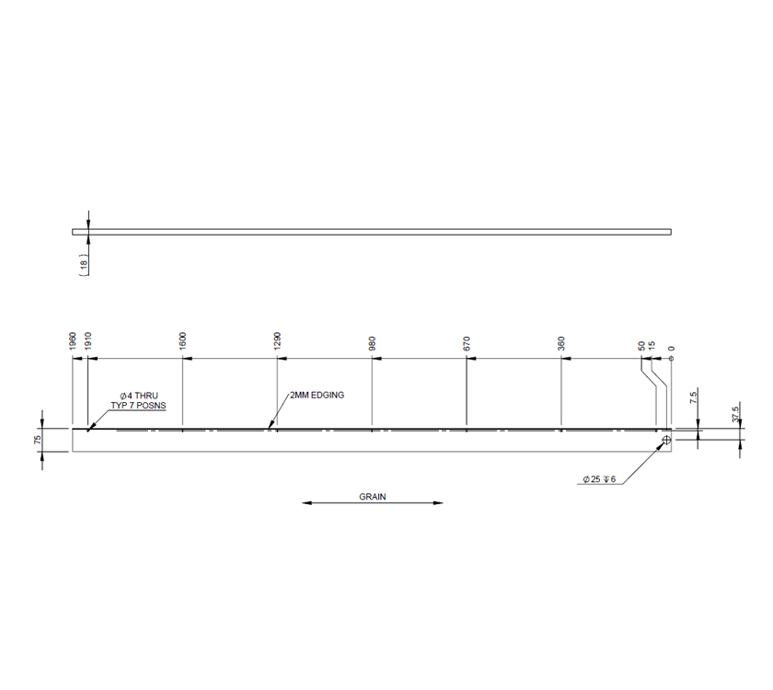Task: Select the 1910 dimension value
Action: click(x=87, y=341)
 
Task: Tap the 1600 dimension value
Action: click(x=183, y=341)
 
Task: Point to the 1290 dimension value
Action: click(x=278, y=341)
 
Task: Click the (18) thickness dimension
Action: click(x=84, y=263)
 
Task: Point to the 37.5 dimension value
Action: click(x=735, y=413)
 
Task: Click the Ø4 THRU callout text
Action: click(x=138, y=396)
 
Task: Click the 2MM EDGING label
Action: click(x=317, y=395)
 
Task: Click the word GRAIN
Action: click(x=373, y=496)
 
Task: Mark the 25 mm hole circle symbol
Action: click(x=664, y=441)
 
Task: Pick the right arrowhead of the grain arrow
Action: click(x=439, y=503)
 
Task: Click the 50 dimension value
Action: click(x=641, y=347)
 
